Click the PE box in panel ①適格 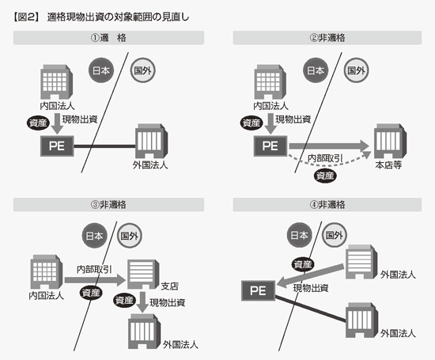point(57,146)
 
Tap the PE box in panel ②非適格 point(270,146)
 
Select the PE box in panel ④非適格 point(259,290)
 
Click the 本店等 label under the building point(388,165)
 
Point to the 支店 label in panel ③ point(169,286)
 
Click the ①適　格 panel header point(109,38)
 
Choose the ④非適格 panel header point(327,205)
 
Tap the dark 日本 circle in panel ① point(101,70)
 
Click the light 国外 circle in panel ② point(356,70)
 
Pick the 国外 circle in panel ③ point(129,236)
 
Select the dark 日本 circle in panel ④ point(299,236)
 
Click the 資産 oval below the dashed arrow point(325,176)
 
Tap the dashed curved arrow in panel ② point(330,164)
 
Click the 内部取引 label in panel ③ point(94,269)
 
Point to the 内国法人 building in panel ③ point(47,272)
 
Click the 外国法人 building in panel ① point(152,141)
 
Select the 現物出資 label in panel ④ point(311,288)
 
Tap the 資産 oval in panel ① point(38,123)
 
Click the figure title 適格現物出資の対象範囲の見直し point(118,17)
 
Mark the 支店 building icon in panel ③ point(143,275)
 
